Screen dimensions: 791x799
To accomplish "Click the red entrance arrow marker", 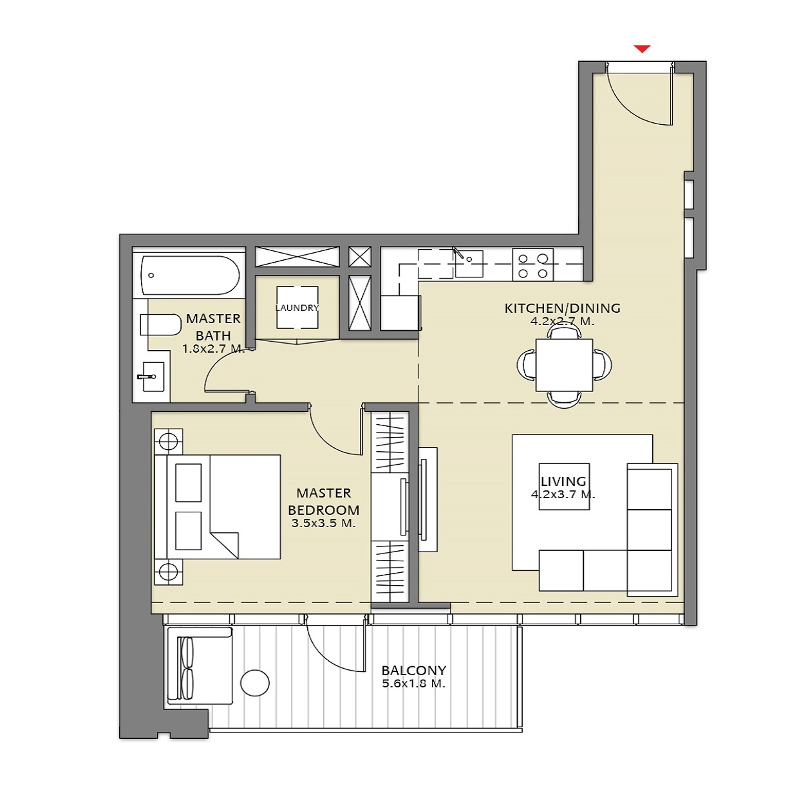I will [x=642, y=49].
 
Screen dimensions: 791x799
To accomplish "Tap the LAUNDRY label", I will [x=297, y=308].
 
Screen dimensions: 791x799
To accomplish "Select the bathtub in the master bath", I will [x=189, y=275].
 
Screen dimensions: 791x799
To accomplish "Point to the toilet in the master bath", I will [x=160, y=324].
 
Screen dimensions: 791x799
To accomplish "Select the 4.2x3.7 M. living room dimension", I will [x=563, y=495].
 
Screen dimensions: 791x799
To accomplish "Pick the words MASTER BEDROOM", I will [x=323, y=501].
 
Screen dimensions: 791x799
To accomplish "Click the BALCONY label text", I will [x=413, y=670].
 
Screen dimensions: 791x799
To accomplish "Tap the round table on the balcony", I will [x=255, y=683].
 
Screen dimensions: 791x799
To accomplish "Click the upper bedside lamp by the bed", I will [x=168, y=442].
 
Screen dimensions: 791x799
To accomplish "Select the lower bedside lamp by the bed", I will [x=168, y=572].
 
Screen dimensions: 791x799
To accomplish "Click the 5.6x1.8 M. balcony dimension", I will [x=413, y=684].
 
